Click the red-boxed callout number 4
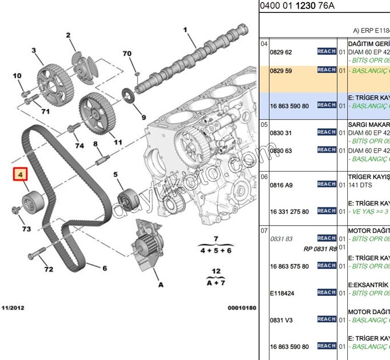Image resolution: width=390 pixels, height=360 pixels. tap(20, 175)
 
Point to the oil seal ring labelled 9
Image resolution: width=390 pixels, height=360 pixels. tap(128, 97)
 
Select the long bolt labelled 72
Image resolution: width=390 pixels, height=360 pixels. tap(37, 252)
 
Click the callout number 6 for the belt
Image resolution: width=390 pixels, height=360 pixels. tap(104, 268)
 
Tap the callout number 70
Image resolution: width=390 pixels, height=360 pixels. tap(127, 54)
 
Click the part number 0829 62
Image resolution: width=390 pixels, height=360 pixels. tap(281, 52)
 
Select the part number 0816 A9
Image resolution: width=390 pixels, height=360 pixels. tap(281, 185)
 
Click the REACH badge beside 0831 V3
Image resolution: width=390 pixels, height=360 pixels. tap(327, 319)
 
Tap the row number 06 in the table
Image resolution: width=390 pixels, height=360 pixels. tap(264, 177)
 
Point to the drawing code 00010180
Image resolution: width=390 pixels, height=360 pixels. tap(242, 308)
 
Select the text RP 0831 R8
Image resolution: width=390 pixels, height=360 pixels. tap(320, 249)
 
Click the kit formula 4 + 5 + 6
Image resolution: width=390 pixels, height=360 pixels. tap(216, 250)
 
